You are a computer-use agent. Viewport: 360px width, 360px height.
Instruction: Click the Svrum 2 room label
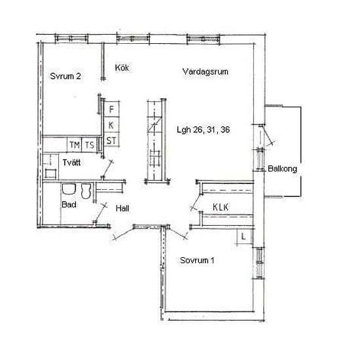pos(65,76)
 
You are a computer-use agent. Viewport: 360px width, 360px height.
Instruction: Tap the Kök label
pos(122,67)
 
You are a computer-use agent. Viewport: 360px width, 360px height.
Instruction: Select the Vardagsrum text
pos(206,71)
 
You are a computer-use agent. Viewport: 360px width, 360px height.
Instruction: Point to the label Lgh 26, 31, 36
pos(203,130)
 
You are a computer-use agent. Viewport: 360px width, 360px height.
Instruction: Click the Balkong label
pos(282,169)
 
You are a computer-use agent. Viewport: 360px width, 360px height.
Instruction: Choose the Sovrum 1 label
pos(197,261)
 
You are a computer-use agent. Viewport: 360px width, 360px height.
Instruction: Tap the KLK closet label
pos(221,207)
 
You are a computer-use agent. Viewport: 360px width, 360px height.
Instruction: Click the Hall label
pos(122,208)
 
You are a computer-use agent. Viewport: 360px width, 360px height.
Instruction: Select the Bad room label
pos(69,205)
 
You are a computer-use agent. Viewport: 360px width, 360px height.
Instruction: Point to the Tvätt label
pos(71,162)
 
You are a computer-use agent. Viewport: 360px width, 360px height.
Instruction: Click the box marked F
pos(111,109)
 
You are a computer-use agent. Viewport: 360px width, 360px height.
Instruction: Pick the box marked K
pos(111,124)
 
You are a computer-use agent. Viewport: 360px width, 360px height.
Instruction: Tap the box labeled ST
pos(111,139)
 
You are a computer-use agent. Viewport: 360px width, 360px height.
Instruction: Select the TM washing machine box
pos(75,145)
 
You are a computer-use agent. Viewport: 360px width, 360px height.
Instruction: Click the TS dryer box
pos(89,145)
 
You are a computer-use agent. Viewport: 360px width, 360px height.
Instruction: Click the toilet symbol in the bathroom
pos(86,190)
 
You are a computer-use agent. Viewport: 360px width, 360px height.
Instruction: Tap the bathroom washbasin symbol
pos(69,189)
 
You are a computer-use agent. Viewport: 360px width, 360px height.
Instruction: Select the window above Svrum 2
pos(71,39)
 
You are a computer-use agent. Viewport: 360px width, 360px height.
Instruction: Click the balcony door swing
pos(267,135)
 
